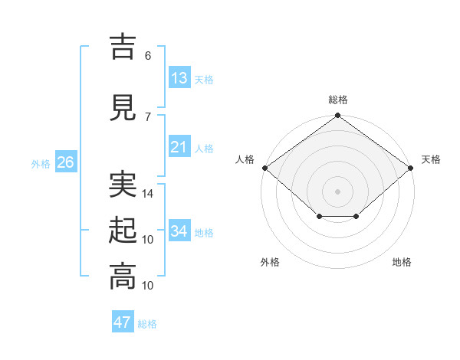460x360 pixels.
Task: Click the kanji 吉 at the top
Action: (123, 47)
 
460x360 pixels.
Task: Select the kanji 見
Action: (123, 107)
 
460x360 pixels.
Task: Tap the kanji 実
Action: (123, 184)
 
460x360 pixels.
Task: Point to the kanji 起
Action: (123, 230)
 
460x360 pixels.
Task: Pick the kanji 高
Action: (123, 277)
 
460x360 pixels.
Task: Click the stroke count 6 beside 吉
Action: (148, 55)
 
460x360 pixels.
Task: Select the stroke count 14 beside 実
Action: (147, 194)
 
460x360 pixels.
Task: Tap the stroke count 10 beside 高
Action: (147, 285)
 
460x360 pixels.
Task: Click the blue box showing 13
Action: (180, 77)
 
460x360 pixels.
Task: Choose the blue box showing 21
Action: (180, 146)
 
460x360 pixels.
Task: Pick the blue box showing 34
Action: (180, 230)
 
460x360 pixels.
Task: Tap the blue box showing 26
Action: (66, 162)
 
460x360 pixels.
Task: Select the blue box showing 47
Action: (123, 321)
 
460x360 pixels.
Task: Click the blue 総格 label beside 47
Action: (147, 324)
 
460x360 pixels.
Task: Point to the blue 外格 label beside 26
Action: (41, 164)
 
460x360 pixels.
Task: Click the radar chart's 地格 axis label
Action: (402, 262)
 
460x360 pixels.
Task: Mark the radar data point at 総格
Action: (337, 115)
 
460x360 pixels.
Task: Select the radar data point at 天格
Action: (411, 168)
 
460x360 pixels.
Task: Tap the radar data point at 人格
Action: (265, 168)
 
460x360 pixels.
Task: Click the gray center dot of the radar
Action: (337, 191)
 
